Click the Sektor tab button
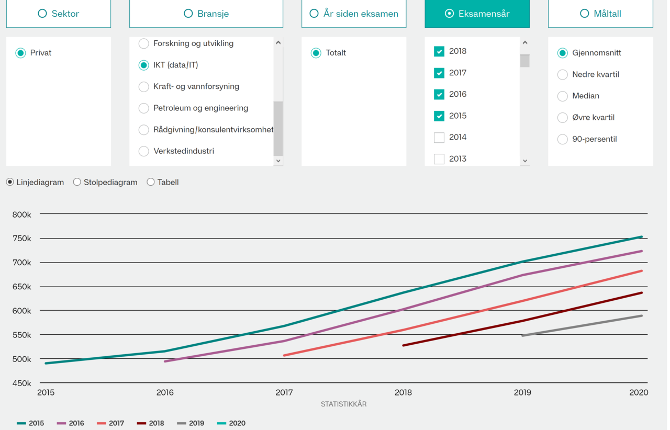pyautogui.click(x=59, y=14)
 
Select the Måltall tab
pyautogui.click(x=600, y=14)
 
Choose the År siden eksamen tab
pyautogui.click(x=354, y=14)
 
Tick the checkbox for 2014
pyautogui.click(x=439, y=138)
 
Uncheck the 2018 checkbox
pyautogui.click(x=439, y=51)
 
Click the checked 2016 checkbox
pyautogui.click(x=439, y=95)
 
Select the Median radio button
pyautogui.click(x=563, y=96)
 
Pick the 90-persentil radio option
pyautogui.click(x=563, y=139)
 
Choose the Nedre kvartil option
pyautogui.click(x=563, y=75)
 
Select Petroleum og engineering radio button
pyautogui.click(x=144, y=108)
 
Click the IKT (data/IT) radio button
pyautogui.click(x=144, y=65)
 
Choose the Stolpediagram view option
pyautogui.click(x=77, y=182)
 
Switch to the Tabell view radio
pyautogui.click(x=151, y=182)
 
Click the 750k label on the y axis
pyautogui.click(x=22, y=239)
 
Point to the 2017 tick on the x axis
pyautogui.click(x=284, y=392)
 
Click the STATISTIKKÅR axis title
pyautogui.click(x=343, y=404)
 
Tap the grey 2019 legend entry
pyautogui.click(x=191, y=423)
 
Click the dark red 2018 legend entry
pyautogui.click(x=150, y=423)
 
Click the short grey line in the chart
pyautogui.click(x=581, y=326)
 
